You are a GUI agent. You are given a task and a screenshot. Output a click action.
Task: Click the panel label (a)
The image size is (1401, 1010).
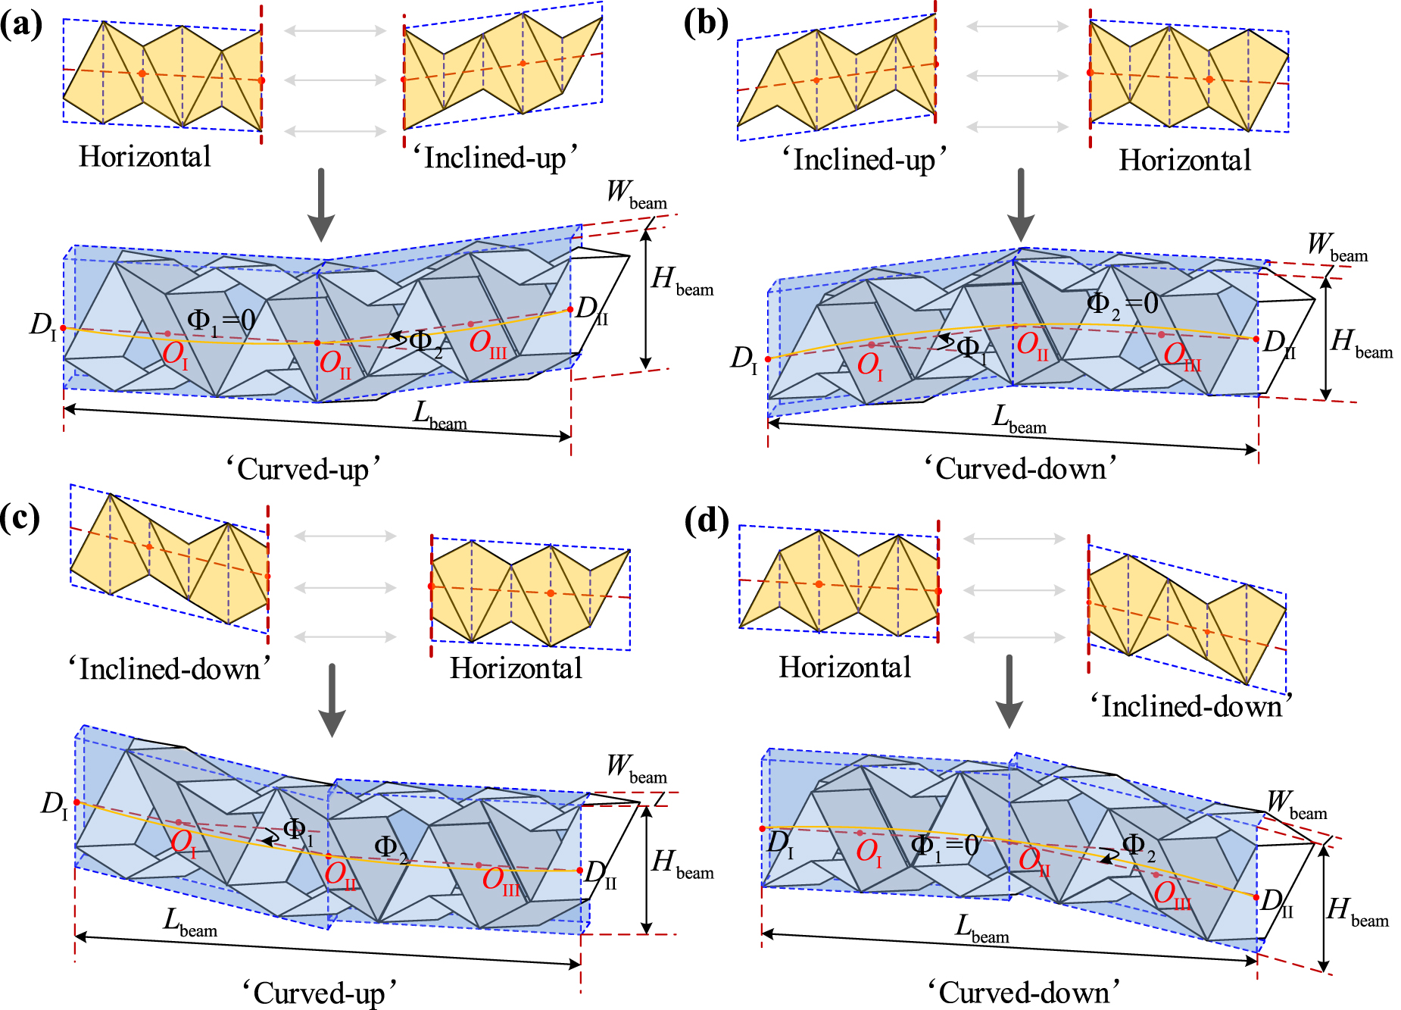click(x=20, y=24)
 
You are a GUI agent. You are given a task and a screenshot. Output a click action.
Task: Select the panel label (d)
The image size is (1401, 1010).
click(x=706, y=521)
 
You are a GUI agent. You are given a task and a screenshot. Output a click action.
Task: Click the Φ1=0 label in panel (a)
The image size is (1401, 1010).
click(x=221, y=321)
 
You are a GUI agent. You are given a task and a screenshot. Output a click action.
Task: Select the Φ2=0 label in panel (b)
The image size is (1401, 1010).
click(x=1122, y=304)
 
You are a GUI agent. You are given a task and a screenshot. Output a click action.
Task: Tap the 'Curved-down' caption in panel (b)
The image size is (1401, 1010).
click(x=1020, y=468)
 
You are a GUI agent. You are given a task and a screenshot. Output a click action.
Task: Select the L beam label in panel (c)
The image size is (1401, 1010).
click(x=190, y=923)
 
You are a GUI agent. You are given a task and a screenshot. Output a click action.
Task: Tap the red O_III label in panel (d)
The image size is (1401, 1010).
click(x=1172, y=895)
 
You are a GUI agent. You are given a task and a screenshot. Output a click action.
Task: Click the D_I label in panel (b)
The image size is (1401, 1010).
click(x=744, y=359)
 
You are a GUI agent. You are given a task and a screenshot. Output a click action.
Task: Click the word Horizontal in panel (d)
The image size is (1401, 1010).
click(x=844, y=667)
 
